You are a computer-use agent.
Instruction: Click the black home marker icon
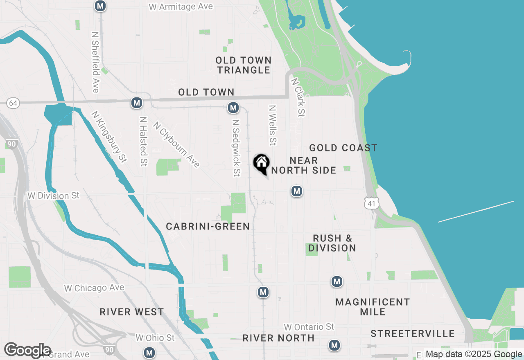click(x=261, y=164)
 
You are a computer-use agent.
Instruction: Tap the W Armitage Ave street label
click(x=181, y=7)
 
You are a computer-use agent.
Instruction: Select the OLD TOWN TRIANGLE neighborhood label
click(x=244, y=65)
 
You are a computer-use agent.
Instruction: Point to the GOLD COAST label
click(x=343, y=148)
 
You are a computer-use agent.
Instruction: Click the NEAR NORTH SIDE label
click(x=304, y=165)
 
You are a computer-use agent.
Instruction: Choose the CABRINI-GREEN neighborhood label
click(x=208, y=226)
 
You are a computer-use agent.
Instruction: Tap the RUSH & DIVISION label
click(x=332, y=243)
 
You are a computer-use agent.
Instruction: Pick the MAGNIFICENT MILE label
click(x=373, y=307)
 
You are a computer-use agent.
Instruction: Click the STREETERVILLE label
click(x=413, y=333)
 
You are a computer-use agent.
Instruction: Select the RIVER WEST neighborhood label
click(x=132, y=312)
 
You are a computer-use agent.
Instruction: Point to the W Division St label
click(x=53, y=196)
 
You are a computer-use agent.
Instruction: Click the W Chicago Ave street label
click(x=94, y=288)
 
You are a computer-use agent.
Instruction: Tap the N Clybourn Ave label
click(x=177, y=144)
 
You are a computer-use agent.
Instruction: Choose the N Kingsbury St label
click(x=109, y=137)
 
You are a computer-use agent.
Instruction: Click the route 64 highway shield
click(x=13, y=103)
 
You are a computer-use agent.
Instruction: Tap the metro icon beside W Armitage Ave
click(x=100, y=6)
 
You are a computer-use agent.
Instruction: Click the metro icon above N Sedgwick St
click(x=233, y=108)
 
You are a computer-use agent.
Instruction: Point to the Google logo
click(x=27, y=350)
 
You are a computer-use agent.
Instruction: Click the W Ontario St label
click(x=309, y=327)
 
